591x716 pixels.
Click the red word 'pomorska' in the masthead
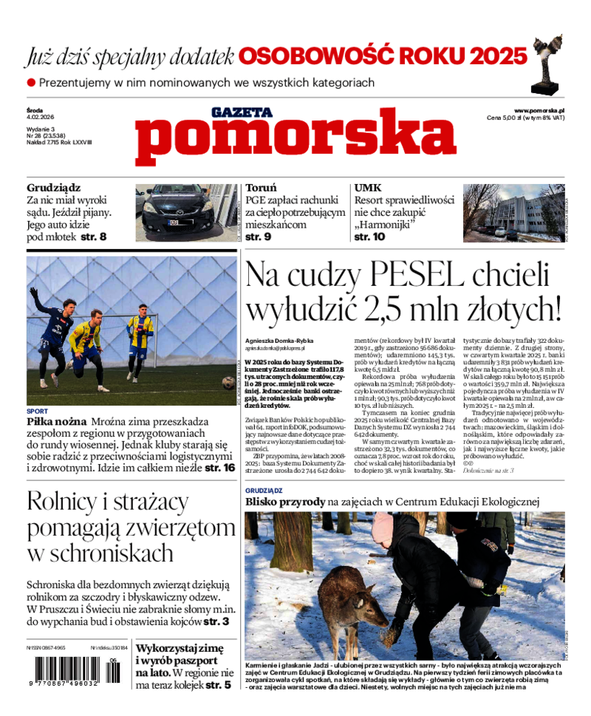coord(295,140)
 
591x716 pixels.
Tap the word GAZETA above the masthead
coord(242,113)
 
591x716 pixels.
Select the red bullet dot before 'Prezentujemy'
coord(31,83)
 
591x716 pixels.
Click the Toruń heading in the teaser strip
coord(261,188)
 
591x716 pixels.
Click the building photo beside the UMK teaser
coord(513,213)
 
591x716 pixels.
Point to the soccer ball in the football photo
coord(228,382)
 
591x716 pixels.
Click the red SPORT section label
coord(37,411)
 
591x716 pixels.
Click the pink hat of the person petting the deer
coord(383,528)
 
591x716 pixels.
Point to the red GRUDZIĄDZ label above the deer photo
coord(265,490)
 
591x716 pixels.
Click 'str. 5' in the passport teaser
coord(218,685)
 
